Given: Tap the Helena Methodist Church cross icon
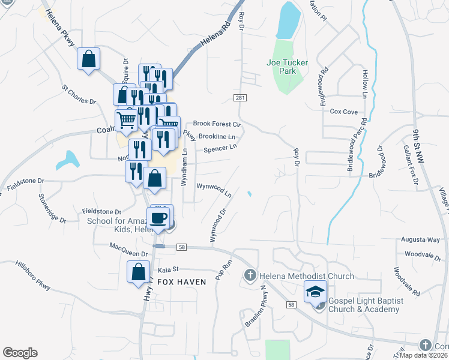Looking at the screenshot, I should [249, 276].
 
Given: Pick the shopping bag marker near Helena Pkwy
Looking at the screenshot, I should [89, 59].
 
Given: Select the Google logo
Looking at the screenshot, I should [20, 353].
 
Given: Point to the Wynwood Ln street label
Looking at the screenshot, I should [214, 190].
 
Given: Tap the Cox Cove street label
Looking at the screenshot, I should [343, 112].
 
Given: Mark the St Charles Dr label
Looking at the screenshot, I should [79, 94].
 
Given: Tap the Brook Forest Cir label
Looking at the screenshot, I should [216, 124].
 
